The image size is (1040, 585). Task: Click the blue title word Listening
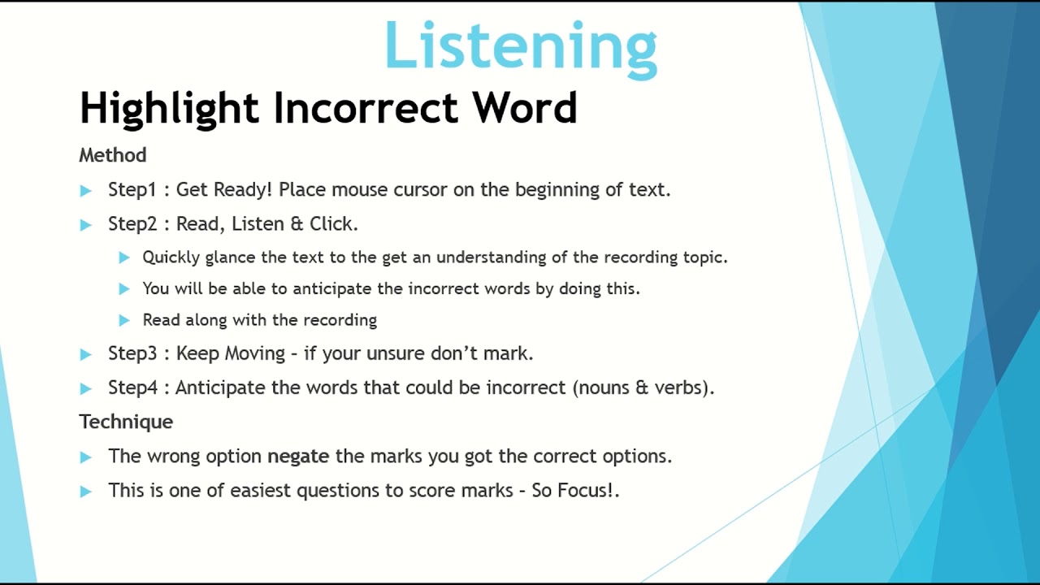520,45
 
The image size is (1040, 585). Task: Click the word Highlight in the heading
169,109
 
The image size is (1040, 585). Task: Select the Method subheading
112,155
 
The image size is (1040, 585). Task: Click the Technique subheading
126,422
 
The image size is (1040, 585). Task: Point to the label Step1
132,190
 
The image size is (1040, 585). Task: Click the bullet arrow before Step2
86,225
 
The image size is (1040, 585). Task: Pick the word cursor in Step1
420,190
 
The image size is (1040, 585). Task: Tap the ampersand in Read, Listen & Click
296,223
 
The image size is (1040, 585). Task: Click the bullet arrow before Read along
123,320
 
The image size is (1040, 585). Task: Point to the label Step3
132,353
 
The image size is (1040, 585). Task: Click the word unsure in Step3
396,353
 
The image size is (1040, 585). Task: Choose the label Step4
132,388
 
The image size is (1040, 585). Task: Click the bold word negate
298,457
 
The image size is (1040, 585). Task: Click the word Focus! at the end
586,491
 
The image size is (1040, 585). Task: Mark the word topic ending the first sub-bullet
704,258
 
